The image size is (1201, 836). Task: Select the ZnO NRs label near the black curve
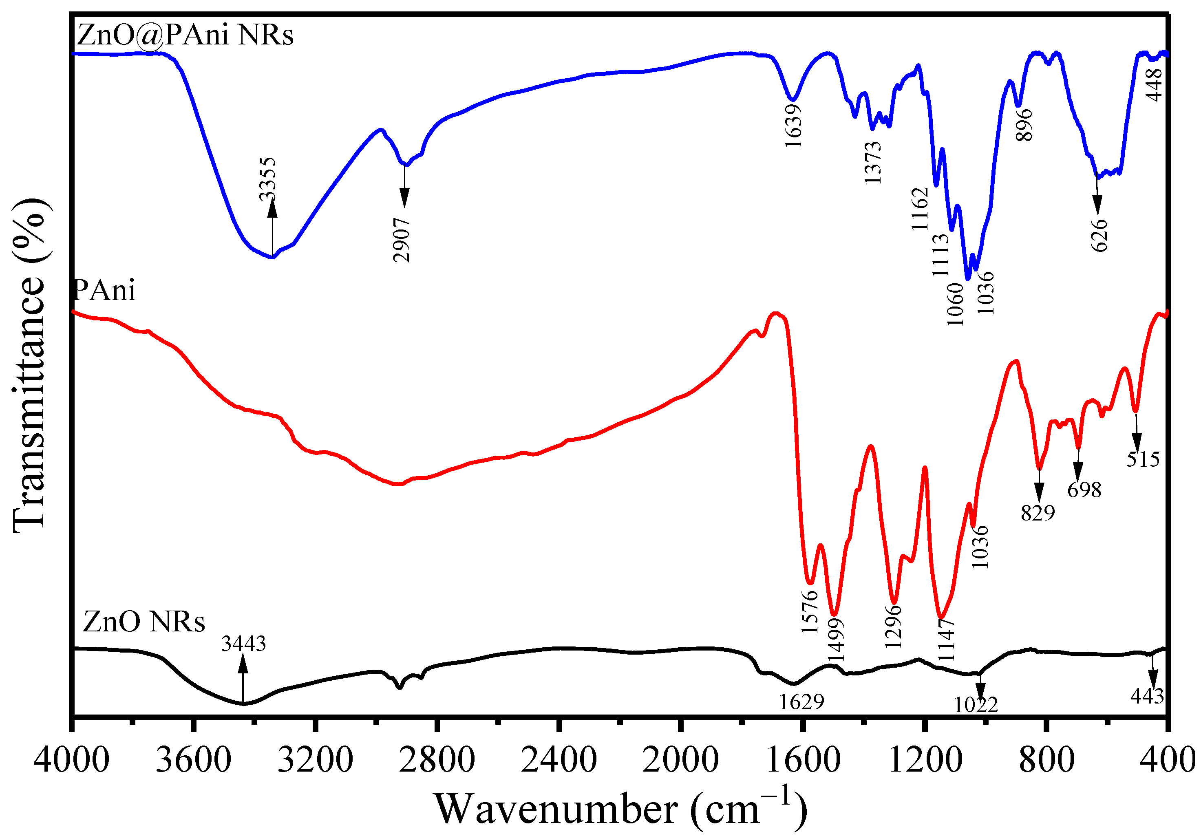[144, 622]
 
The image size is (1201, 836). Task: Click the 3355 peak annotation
[267, 179]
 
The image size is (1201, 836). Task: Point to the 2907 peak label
[402, 240]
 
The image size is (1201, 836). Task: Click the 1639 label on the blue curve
[793, 126]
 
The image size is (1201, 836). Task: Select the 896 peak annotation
[1024, 124]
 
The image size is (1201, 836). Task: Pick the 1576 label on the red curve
[810, 611]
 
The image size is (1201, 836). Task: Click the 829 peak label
[1038, 513]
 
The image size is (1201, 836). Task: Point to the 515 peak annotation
[1143, 459]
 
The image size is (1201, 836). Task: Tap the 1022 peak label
[976, 705]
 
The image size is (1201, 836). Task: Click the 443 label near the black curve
[1147, 696]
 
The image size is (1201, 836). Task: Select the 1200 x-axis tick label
[925, 760]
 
